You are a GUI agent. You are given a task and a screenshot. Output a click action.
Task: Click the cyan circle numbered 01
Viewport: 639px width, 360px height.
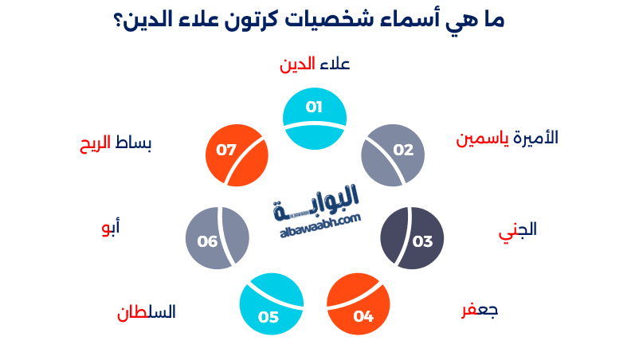point(315,119)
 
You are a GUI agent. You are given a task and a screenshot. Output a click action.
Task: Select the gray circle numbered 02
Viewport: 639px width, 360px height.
point(392,155)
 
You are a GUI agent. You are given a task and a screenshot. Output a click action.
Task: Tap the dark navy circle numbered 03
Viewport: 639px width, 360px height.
point(412,237)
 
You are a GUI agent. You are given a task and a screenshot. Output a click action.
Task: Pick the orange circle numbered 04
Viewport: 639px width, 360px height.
point(359,304)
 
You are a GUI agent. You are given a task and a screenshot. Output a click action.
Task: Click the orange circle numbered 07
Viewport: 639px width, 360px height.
point(237,155)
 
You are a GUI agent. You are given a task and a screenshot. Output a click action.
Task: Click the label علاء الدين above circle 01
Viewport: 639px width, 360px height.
point(315,65)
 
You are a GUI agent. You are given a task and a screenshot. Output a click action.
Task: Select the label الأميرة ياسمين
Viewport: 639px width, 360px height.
point(507,138)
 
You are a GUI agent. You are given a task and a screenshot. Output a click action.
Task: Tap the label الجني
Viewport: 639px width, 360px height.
point(517,229)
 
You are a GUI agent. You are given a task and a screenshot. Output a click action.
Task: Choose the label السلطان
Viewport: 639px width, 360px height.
point(147,311)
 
